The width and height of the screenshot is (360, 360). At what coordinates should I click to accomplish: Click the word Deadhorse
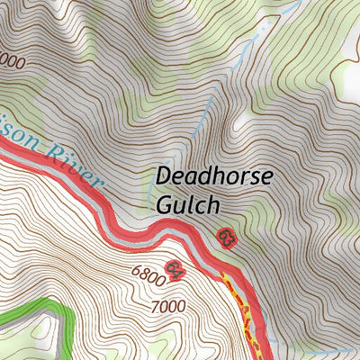click(213, 177)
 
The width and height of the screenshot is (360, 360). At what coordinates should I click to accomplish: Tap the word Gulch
click(187, 205)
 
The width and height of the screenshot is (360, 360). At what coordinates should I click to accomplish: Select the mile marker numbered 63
click(226, 238)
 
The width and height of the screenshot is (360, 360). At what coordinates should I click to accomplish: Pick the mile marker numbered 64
click(175, 269)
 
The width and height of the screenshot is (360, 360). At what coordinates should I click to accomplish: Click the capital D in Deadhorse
click(165, 177)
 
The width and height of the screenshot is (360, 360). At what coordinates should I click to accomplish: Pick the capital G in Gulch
click(165, 204)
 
